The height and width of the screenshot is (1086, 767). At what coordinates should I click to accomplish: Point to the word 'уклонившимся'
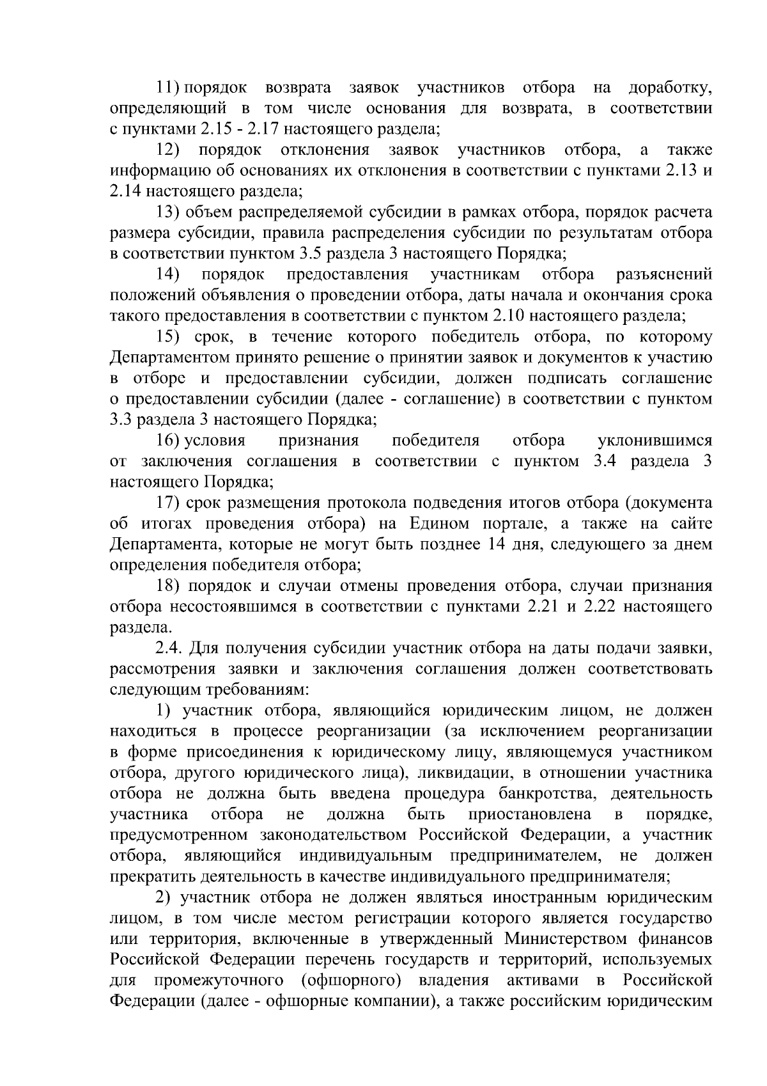tap(655, 441)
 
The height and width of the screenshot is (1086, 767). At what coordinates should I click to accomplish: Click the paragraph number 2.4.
tap(169, 649)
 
